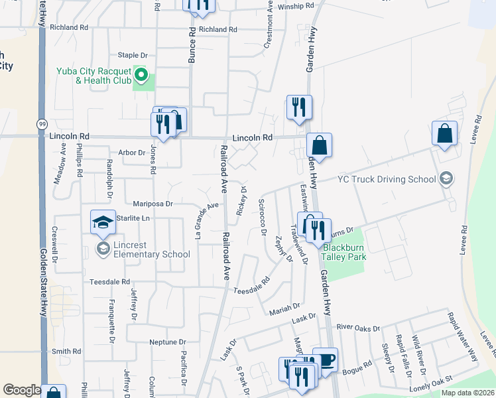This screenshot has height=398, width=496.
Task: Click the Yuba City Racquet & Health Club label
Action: click(94, 76)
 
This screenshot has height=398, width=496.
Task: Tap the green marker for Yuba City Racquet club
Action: click(141, 73)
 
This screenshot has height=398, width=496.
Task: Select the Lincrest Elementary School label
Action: click(152, 249)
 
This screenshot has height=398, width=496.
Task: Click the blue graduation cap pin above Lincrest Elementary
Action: click(103, 222)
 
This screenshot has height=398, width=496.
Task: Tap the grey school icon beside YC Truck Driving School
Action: click(446, 178)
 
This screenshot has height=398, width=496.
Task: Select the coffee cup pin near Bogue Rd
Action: click(325, 360)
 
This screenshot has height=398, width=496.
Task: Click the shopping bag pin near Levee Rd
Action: click(444, 133)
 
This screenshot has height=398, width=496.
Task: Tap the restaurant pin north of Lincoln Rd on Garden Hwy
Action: click(299, 107)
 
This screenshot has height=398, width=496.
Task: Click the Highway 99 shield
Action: click(42, 124)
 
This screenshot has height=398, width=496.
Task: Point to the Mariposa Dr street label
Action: click(153, 204)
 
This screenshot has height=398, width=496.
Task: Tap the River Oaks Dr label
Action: click(358, 328)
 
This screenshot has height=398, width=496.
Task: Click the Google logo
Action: click(22, 390)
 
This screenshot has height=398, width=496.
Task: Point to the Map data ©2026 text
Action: click(467, 393)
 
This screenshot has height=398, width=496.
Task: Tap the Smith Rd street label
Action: click(66, 352)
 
